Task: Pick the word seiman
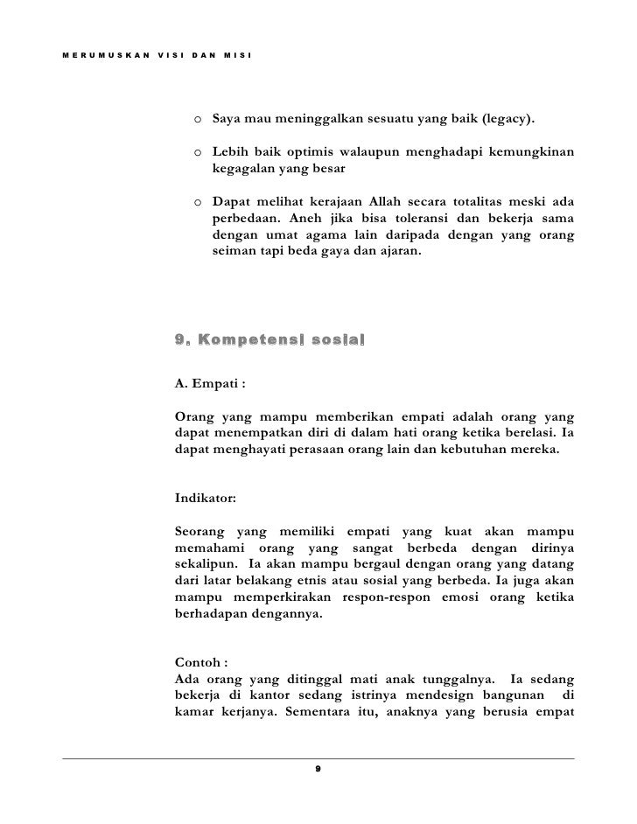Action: (234, 251)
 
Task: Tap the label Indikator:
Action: (206, 499)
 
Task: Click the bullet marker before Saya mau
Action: (199, 118)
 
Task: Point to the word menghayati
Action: (242, 453)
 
